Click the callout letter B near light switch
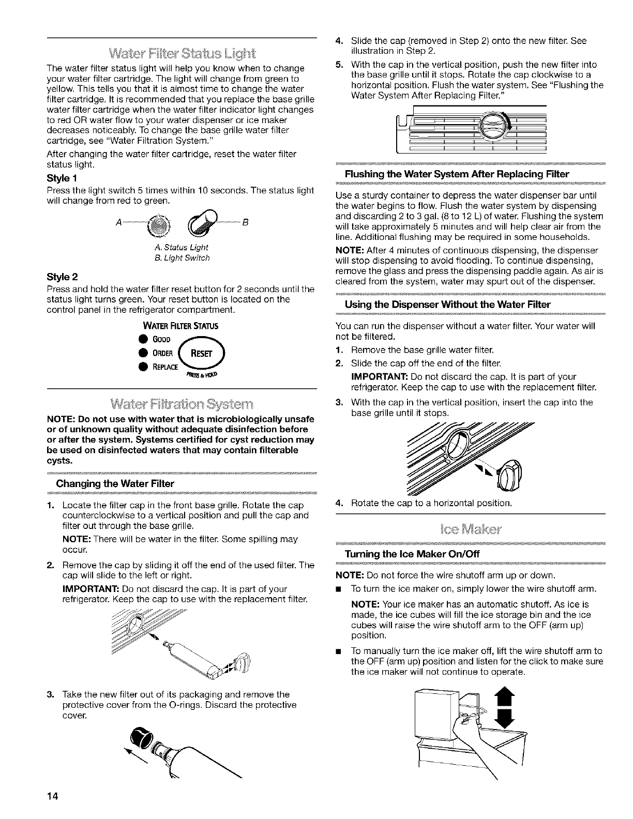(x=246, y=223)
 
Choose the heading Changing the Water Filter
(x=115, y=484)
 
